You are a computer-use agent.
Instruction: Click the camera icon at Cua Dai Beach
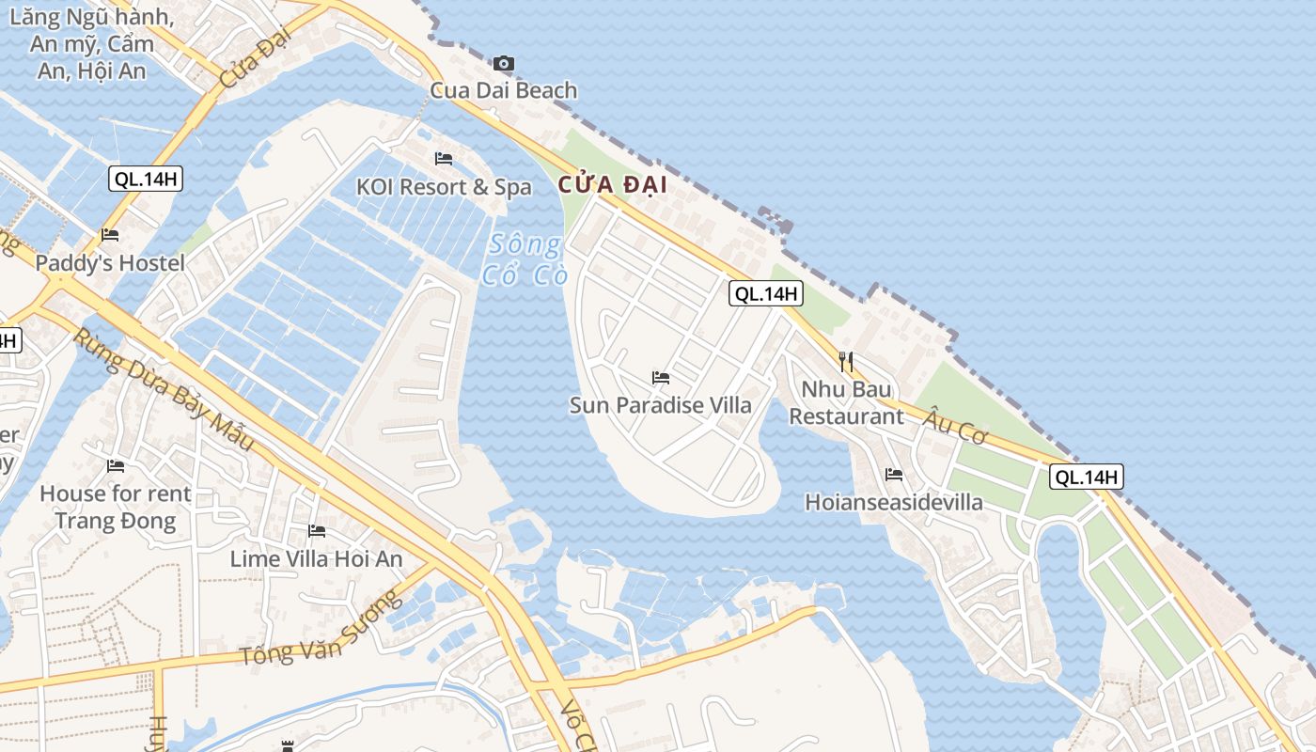(504, 64)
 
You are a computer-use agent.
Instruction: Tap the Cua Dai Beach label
(504, 90)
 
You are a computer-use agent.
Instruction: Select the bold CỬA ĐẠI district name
(613, 185)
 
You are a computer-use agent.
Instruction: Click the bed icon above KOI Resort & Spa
(444, 159)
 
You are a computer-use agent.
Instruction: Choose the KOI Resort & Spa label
(444, 187)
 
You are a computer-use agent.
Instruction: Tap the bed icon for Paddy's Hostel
(110, 235)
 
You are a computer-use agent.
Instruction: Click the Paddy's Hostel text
(110, 263)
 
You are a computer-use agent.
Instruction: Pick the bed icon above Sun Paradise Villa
(661, 378)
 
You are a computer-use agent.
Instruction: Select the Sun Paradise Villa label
(661, 405)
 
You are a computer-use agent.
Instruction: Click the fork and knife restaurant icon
(846, 362)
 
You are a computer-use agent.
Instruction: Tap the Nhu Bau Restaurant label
(846, 402)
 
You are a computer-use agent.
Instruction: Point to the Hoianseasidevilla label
(894, 502)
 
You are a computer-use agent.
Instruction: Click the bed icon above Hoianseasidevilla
(894, 475)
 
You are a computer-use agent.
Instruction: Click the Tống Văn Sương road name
(321, 629)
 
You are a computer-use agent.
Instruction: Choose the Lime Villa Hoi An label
(317, 559)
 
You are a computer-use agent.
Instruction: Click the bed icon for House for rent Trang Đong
(116, 465)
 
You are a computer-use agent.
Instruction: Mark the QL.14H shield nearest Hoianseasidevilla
(1087, 477)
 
